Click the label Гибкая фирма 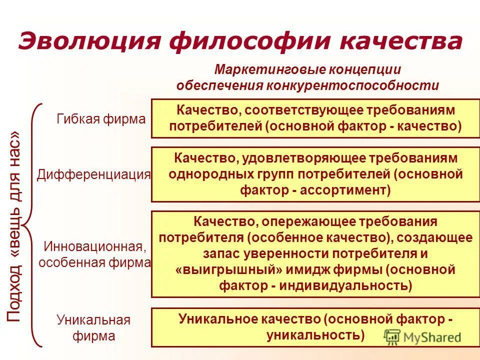point(101,119)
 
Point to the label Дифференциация point(94,174)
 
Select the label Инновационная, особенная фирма point(95,254)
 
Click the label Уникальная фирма point(93,327)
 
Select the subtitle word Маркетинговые point(256,69)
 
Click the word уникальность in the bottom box point(315,334)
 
